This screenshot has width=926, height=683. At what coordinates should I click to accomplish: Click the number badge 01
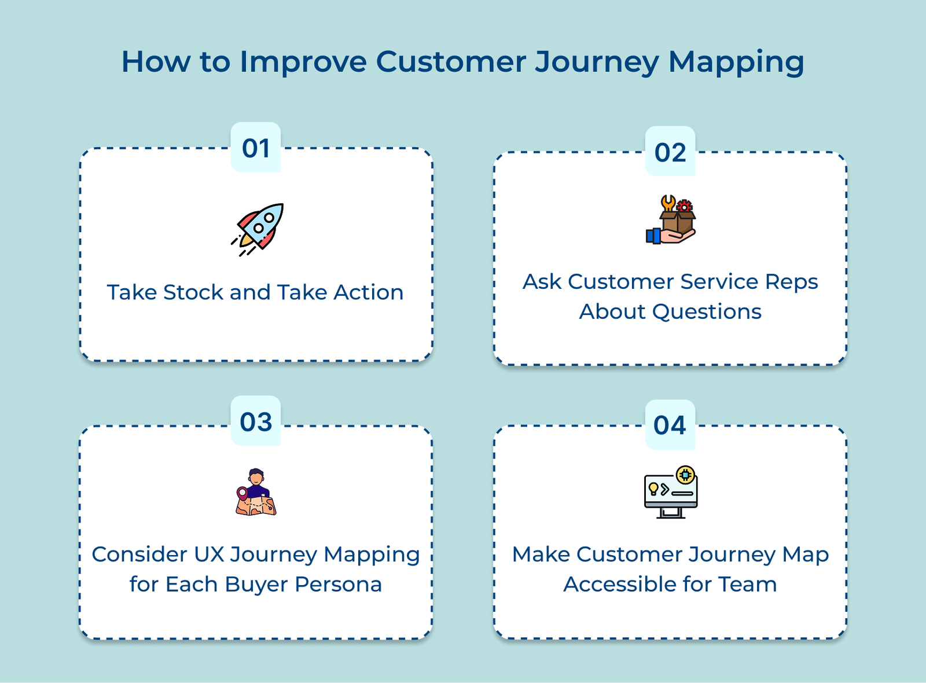255,148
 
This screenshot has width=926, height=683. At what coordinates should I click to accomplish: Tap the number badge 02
670,152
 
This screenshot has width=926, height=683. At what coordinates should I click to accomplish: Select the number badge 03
255,422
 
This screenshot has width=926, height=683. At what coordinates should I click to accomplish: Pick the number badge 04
670,425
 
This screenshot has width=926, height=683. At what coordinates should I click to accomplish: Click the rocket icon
258,228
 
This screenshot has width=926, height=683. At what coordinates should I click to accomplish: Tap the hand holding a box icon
671,221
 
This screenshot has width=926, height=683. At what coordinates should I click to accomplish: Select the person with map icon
256,493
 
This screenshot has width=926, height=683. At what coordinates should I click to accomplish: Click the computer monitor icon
671,493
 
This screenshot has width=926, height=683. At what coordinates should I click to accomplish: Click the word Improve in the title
303,62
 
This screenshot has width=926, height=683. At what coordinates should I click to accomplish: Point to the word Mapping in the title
736,62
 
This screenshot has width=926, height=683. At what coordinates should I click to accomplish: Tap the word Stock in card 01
194,292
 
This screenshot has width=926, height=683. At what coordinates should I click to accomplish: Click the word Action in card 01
368,292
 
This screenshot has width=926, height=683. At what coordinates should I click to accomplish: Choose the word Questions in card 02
707,312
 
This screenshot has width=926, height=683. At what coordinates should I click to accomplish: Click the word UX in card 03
209,555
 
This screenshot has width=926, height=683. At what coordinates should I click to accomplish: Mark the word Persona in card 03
338,585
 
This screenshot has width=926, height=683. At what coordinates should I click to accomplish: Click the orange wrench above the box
668,203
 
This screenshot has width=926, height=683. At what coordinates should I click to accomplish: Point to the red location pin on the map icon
242,494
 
